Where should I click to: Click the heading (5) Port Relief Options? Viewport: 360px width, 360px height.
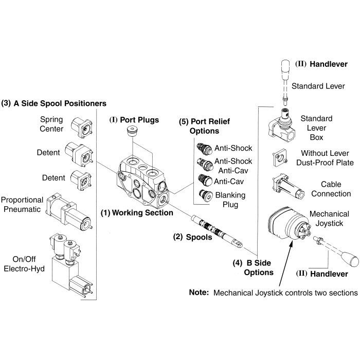204,126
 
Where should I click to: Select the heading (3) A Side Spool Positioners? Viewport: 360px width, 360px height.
54,103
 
